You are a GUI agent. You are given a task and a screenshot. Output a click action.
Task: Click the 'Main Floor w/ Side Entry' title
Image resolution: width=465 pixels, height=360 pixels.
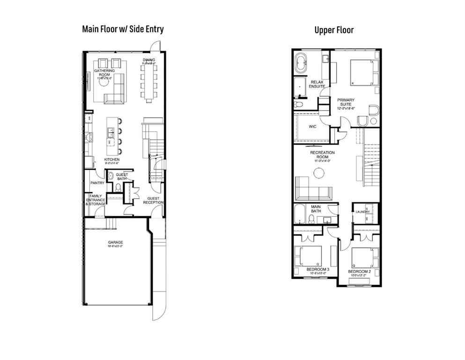(x=123, y=29)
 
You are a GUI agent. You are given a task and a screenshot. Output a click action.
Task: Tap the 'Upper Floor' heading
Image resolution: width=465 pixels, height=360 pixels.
(x=333, y=30)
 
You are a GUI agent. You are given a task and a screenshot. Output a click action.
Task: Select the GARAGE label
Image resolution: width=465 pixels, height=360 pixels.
(x=115, y=242)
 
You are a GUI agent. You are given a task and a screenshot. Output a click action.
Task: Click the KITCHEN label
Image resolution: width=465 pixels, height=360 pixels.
(x=111, y=160)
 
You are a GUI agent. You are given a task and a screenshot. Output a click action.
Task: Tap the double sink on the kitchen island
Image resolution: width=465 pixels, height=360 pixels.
(x=111, y=135)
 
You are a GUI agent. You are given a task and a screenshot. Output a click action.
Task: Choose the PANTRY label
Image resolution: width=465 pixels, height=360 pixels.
(x=97, y=183)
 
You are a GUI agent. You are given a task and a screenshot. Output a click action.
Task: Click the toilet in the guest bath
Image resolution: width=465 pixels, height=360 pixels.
(x=118, y=187)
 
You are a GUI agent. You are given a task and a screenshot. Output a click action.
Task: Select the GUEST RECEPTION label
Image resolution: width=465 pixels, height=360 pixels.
(x=154, y=200)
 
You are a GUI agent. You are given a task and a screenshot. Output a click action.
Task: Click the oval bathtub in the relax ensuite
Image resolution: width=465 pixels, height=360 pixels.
(x=302, y=64)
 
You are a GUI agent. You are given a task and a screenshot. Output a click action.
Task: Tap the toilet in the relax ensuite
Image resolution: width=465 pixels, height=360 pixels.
(x=298, y=104)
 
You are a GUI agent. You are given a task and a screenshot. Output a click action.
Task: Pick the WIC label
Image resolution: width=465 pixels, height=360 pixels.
(x=314, y=127)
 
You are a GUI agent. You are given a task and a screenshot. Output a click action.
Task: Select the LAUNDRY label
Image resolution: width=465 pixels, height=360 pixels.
(x=363, y=212)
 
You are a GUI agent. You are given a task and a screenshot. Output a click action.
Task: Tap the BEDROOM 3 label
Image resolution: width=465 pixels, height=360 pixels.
(x=318, y=270)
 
